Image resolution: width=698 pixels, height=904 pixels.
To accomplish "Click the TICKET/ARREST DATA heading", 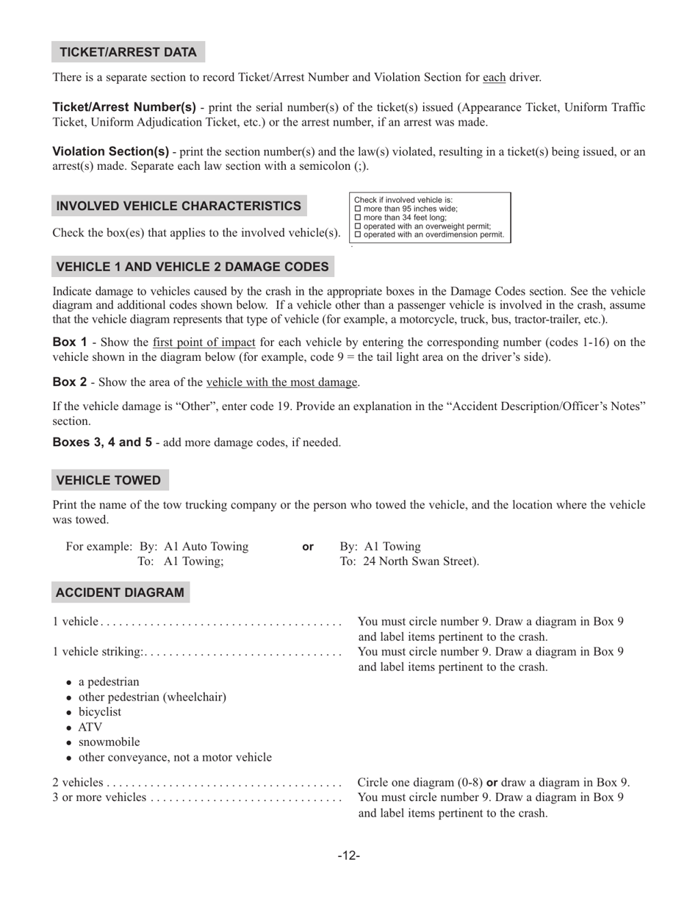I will coord(128,52).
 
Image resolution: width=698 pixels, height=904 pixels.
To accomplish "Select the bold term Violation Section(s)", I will coord(111,151).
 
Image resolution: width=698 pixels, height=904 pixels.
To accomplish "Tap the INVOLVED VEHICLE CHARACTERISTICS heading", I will coord(179,206).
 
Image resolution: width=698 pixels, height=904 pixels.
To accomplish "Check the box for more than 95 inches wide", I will coord(358,209).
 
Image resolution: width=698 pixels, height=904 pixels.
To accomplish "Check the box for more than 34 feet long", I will coord(358,218).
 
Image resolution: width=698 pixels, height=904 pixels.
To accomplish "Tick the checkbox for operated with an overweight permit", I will coord(358,226).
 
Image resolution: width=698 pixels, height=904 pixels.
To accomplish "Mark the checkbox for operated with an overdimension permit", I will coord(358,235).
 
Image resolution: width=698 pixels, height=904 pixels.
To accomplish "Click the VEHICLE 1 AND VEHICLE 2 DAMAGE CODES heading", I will coord(193,267).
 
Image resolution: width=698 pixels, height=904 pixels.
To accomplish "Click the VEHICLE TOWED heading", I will coord(109,481).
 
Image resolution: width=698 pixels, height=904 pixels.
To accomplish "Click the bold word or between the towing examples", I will coord(308,547).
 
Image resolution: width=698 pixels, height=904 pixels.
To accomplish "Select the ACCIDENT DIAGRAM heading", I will coord(120,592).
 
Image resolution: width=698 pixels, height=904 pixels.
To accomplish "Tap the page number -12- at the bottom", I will coord(348,855).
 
